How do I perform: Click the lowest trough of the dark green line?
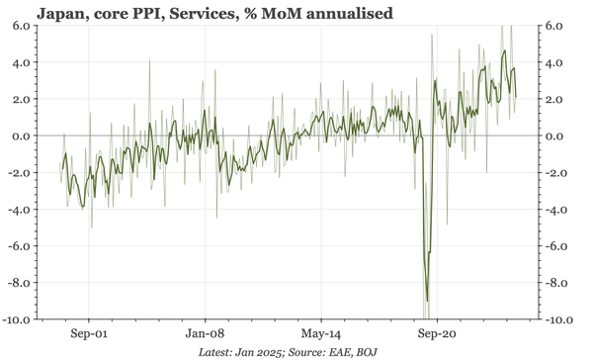tap(427, 301)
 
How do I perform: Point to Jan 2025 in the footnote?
tap(264, 352)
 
